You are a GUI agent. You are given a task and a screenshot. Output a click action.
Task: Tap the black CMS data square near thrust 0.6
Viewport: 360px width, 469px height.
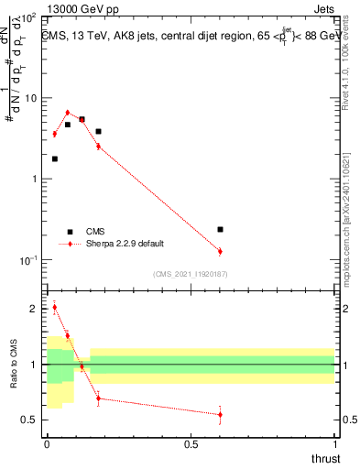pyautogui.click(x=220, y=229)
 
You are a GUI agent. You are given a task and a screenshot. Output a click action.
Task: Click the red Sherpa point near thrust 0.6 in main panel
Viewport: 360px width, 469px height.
pyautogui.click(x=220, y=251)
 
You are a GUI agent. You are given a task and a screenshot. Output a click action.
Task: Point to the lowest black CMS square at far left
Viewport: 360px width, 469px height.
pyautogui.click(x=54, y=158)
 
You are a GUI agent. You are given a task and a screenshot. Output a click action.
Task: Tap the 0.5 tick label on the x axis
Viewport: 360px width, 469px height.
pyautogui.click(x=191, y=443)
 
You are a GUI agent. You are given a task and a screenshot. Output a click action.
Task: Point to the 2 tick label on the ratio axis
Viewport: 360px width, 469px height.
pyautogui.click(x=33, y=309)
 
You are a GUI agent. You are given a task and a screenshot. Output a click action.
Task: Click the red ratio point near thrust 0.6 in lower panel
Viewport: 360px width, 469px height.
pyautogui.click(x=220, y=415)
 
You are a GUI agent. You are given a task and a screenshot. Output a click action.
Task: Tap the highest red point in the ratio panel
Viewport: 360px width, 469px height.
pyautogui.click(x=54, y=307)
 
